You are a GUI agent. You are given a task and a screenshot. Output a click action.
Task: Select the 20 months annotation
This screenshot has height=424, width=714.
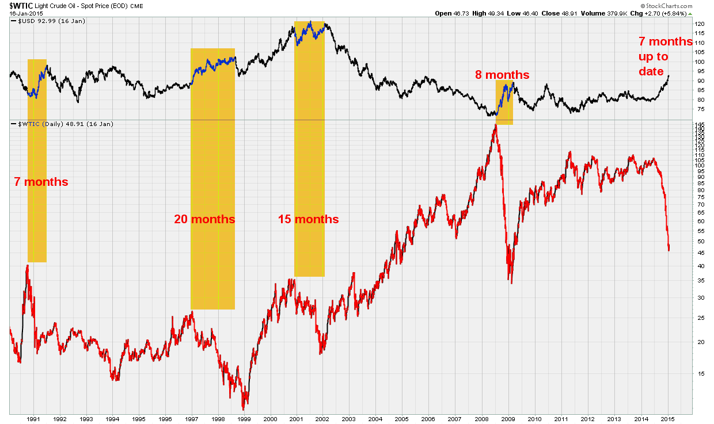[205, 219]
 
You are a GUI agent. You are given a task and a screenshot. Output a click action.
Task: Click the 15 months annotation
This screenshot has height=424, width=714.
[308, 219]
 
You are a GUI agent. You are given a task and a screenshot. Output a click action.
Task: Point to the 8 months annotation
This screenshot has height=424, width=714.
[502, 75]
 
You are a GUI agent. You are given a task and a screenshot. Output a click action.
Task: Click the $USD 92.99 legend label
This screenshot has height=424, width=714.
[36, 21]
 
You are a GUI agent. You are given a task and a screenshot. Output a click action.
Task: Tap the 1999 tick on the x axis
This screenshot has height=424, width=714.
[244, 419]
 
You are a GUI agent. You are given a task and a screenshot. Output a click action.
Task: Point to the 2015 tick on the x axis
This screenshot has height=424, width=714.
[667, 419]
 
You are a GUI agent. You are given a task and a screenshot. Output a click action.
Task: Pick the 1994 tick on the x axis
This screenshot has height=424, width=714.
[112, 419]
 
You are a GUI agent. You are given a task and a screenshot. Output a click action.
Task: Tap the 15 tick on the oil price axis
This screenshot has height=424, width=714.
[699, 373]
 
